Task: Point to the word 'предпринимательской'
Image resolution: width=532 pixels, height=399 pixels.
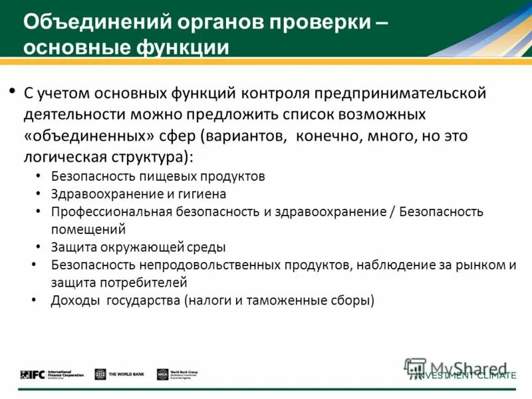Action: (x=405, y=93)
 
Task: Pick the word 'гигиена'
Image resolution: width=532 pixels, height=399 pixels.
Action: (x=201, y=194)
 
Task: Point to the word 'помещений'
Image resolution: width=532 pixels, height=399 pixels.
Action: (x=88, y=229)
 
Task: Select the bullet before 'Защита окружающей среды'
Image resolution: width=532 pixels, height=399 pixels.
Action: (x=37, y=247)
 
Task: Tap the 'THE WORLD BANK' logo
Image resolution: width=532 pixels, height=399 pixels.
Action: (x=119, y=374)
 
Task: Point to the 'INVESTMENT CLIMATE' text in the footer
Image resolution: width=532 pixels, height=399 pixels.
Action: (x=465, y=376)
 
